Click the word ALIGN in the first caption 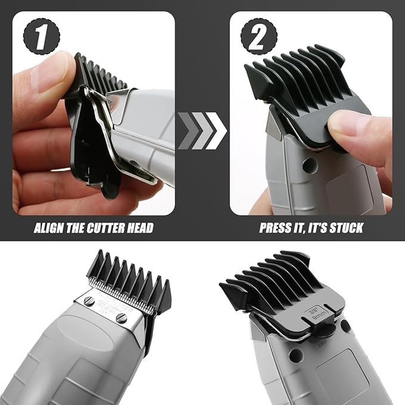(x=49, y=227)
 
